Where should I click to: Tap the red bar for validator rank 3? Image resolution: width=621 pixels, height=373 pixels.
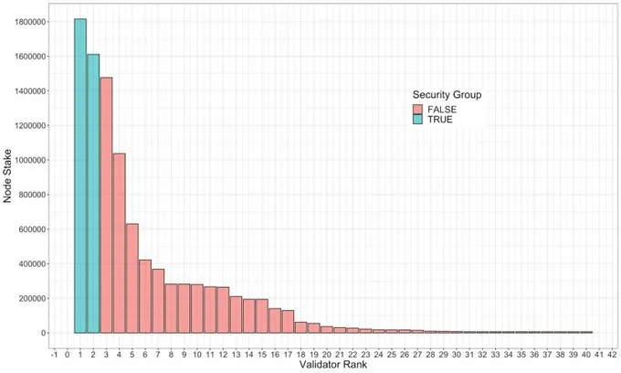(x=106, y=205)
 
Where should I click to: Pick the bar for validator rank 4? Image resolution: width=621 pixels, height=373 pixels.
(x=119, y=243)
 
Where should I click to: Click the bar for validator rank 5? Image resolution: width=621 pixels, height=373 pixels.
(x=132, y=278)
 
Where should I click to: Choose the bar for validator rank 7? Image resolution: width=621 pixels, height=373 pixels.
(x=158, y=301)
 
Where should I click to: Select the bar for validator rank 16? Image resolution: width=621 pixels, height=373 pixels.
(x=275, y=321)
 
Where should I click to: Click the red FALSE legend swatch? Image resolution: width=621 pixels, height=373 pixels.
(x=420, y=108)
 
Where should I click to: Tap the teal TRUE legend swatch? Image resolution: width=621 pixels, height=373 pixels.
(x=420, y=121)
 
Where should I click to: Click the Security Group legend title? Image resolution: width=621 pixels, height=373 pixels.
(x=447, y=94)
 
